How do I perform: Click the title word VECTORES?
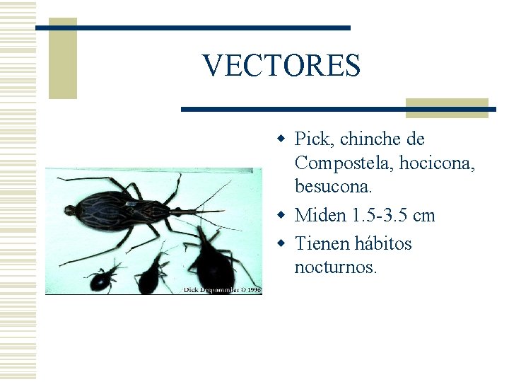281,66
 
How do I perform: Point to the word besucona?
331,187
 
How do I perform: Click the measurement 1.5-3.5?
378,215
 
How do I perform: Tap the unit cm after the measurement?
424,215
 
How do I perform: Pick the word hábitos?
385,243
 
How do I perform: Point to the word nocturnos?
336,267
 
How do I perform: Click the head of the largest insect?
70,209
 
